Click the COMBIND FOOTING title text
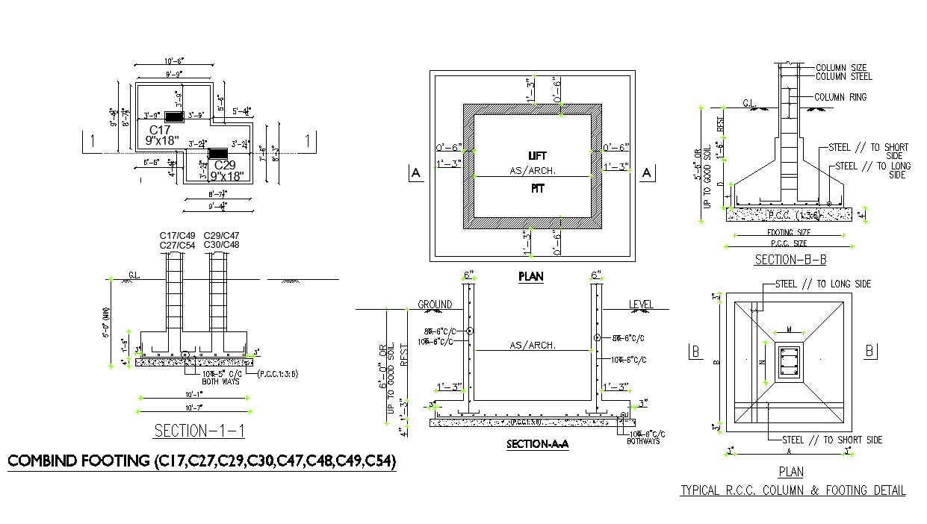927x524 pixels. pos(202,461)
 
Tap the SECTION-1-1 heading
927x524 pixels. pos(199,431)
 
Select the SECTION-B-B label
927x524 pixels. pos(790,260)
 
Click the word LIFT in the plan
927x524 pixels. pos(537,156)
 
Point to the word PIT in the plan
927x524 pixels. pos(537,189)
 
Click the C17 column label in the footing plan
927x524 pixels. pos(160,130)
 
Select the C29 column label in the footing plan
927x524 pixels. pos(225,164)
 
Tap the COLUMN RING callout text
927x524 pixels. pos(840,97)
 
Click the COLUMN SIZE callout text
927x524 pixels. pos(841,67)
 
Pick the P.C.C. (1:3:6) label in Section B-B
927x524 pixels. pos(793,215)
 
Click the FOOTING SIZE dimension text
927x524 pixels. pos(790,232)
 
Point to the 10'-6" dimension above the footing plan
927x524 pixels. pos(174,61)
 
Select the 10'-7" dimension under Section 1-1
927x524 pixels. pos(195,408)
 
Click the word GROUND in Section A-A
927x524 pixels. pos(434,305)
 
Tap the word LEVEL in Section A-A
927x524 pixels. pos(640,305)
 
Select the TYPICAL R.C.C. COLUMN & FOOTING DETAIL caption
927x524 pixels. pos(793,490)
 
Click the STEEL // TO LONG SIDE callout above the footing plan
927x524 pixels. pos(822,284)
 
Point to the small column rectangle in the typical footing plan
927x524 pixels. pos(789,363)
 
